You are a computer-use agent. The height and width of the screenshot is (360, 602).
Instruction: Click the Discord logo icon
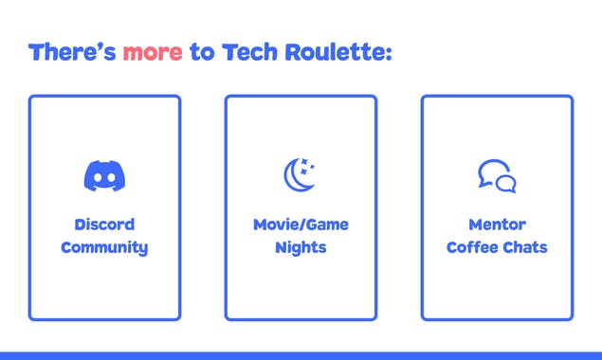click(x=104, y=175)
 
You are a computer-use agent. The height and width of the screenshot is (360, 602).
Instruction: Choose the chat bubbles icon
click(x=497, y=176)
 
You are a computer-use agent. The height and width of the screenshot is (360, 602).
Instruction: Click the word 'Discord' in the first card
click(x=104, y=225)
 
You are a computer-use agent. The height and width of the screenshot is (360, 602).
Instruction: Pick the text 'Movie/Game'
click(x=301, y=225)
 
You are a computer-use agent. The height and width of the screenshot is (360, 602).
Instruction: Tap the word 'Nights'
click(x=301, y=248)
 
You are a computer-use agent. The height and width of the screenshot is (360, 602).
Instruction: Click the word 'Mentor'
click(x=497, y=225)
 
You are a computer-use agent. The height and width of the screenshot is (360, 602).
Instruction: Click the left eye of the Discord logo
click(x=99, y=177)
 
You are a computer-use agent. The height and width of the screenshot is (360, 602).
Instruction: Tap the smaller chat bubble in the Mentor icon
click(x=506, y=184)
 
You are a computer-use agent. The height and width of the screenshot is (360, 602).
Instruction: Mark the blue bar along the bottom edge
click(x=301, y=355)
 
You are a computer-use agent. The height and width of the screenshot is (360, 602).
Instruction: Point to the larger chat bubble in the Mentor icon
click(x=490, y=171)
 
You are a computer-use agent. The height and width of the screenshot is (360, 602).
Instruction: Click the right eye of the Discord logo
click(x=110, y=177)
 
